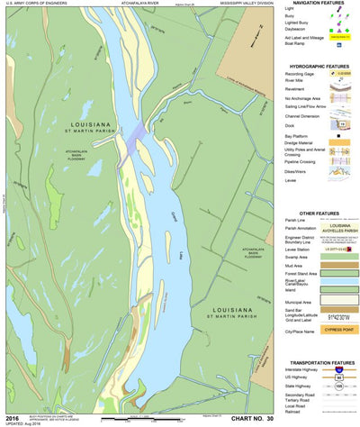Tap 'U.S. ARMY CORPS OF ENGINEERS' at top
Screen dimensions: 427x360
click(34, 4)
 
